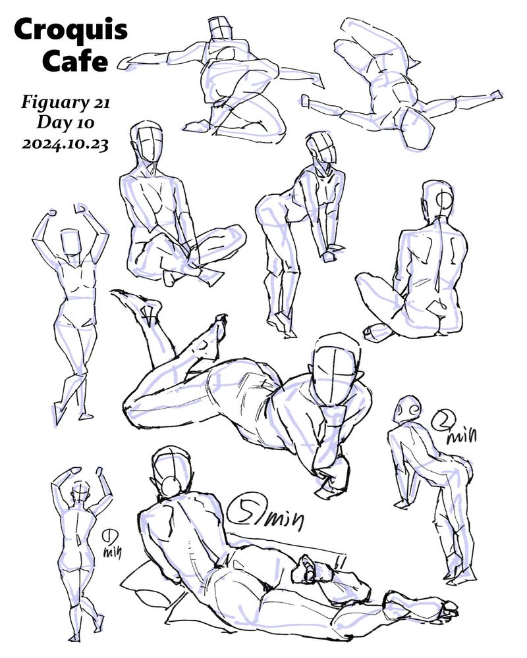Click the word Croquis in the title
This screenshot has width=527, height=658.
70,30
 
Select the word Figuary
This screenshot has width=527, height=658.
54,103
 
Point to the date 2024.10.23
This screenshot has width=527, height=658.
65,144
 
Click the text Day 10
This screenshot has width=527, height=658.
66,123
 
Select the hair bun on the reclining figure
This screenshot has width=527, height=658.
171,487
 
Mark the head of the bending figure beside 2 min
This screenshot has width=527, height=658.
406,408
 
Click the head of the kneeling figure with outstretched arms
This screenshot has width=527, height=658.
221,28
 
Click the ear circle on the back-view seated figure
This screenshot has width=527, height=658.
444,200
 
